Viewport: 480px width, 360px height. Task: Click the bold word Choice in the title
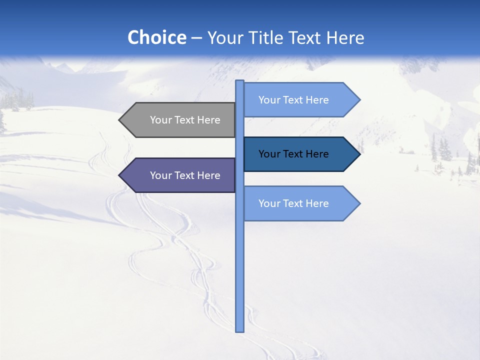[156, 37]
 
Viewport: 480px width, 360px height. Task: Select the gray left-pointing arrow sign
[177, 120]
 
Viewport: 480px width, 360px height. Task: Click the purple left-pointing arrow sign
[177, 175]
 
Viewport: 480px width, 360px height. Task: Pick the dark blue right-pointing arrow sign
[300, 154]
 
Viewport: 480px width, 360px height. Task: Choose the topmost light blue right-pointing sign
[300, 100]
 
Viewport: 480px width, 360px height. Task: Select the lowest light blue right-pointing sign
[300, 203]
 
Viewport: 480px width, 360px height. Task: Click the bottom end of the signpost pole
[240, 330]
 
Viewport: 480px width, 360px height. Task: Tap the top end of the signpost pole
[240, 81]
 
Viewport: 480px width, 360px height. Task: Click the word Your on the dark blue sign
[269, 154]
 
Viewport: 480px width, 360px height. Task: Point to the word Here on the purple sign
[208, 175]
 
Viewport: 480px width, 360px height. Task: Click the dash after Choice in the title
[196, 38]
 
